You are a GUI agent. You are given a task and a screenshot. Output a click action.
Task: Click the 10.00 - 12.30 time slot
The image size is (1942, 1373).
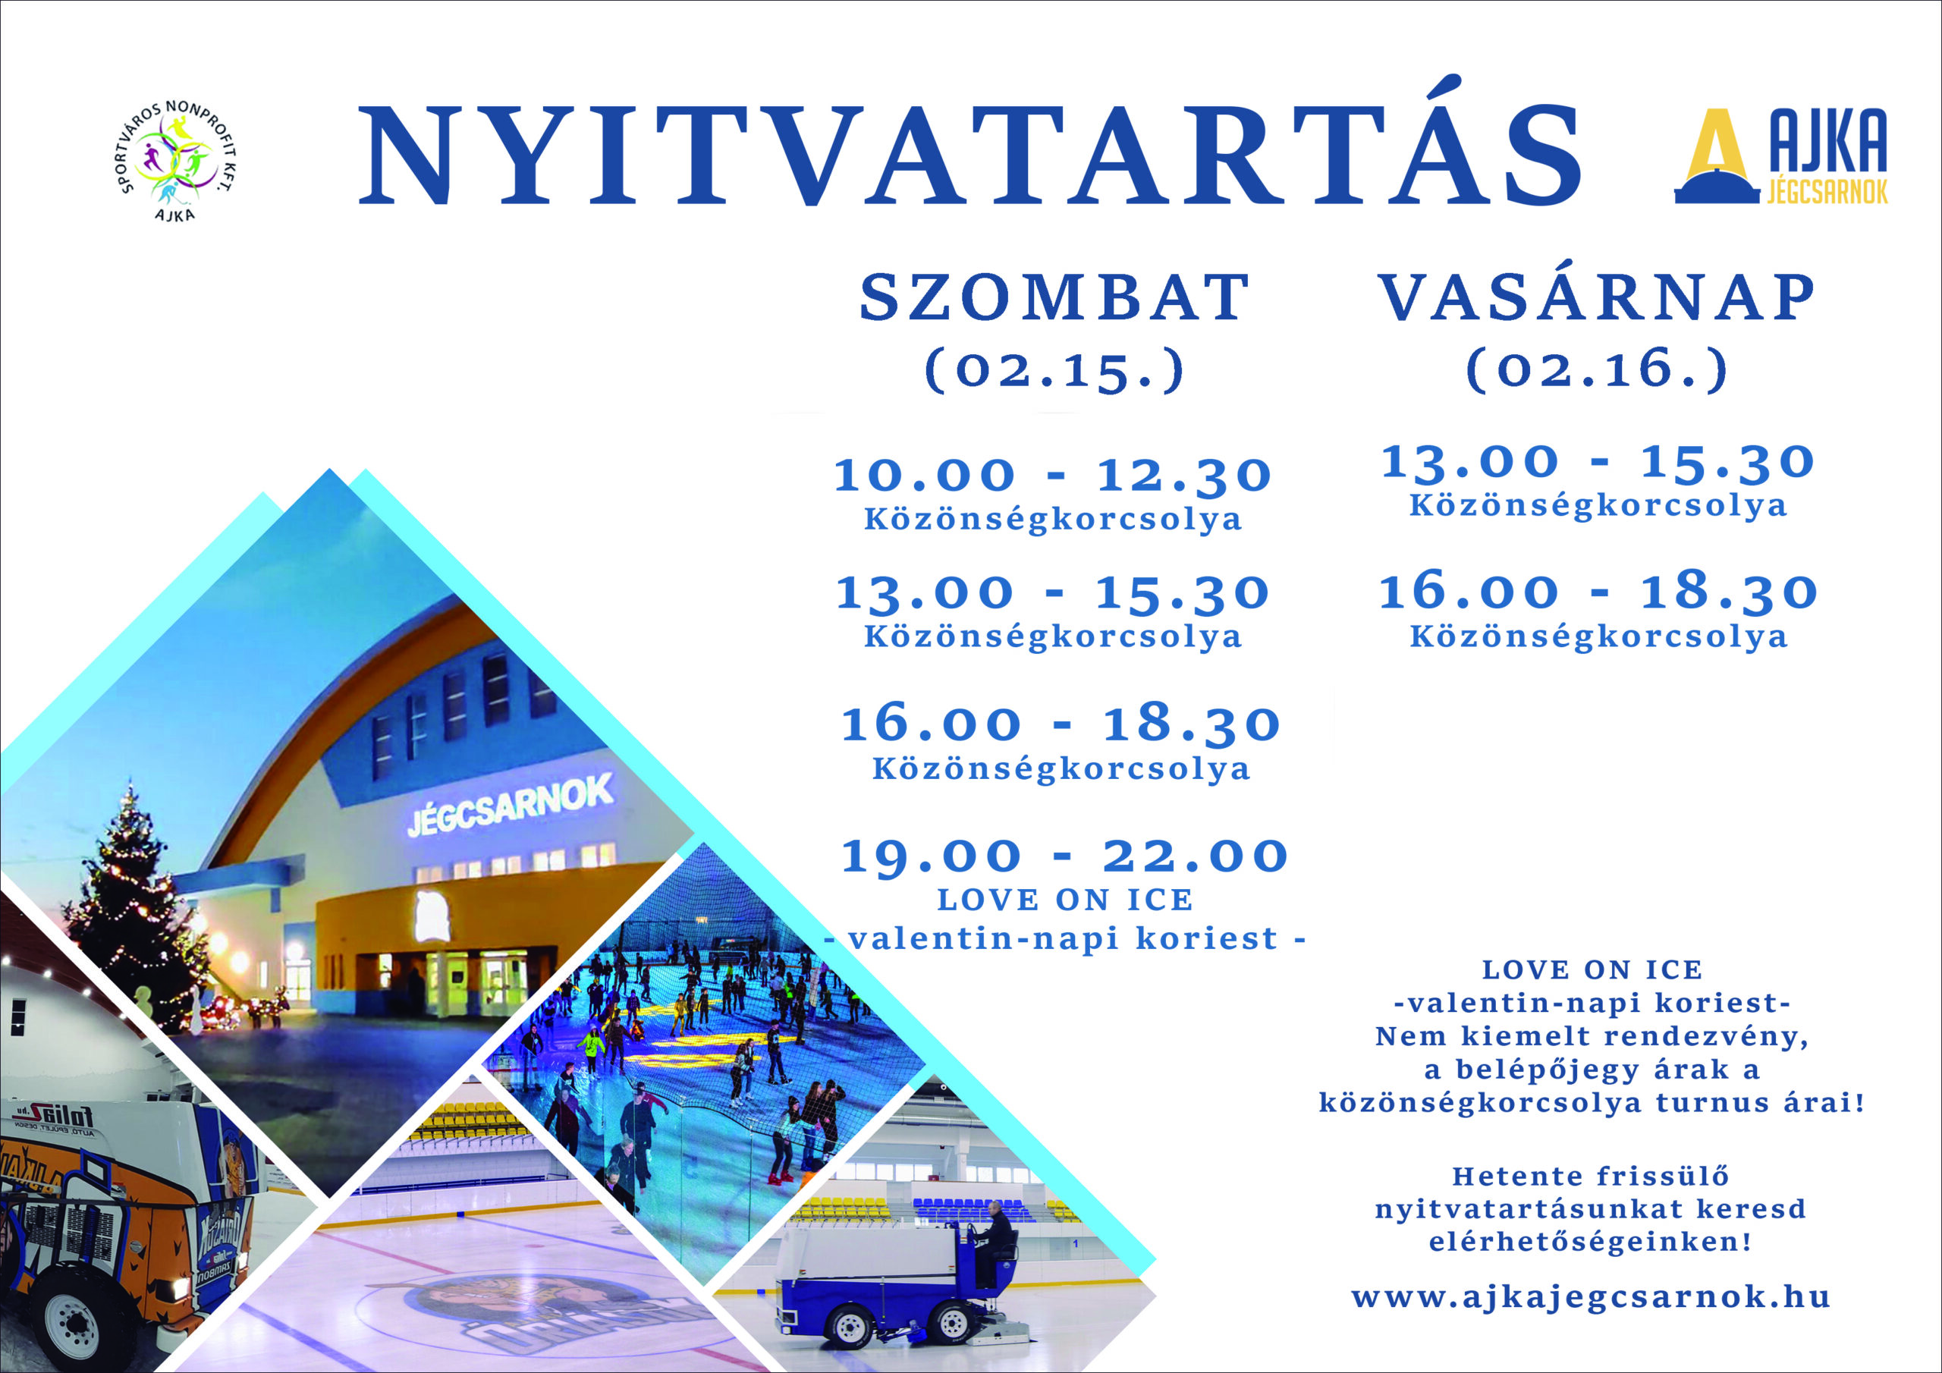click(1053, 476)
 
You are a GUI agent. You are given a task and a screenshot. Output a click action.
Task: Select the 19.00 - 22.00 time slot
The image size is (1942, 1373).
click(1064, 856)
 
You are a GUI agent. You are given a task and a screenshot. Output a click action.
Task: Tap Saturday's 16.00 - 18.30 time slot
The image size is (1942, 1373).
click(1061, 725)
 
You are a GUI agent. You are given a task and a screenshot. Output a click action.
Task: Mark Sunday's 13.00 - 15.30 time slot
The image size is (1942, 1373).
click(1598, 463)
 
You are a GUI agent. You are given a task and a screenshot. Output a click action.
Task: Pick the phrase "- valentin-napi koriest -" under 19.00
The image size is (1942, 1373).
click(1065, 938)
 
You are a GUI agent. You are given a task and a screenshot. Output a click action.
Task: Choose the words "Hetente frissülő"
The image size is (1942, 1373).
click(1590, 1177)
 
